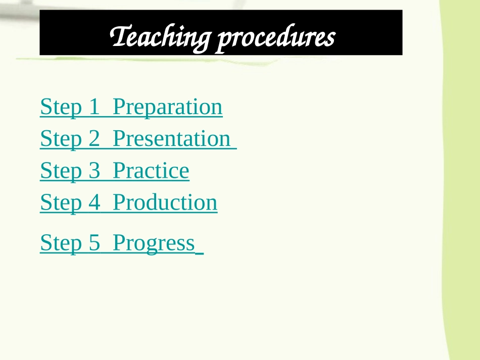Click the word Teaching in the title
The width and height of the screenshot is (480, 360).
point(160,37)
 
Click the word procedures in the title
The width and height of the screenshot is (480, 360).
point(276,38)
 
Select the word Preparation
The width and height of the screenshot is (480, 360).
point(168,108)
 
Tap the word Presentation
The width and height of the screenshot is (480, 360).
point(171,139)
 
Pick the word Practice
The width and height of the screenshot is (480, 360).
point(151,170)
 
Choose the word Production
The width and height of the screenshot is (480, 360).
point(165,202)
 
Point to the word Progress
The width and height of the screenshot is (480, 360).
point(154,243)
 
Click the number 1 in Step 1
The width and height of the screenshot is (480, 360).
point(94,107)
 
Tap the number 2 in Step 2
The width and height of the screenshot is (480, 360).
point(94,138)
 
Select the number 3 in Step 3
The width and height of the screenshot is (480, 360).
point(94,170)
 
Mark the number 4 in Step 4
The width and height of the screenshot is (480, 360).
point(94,202)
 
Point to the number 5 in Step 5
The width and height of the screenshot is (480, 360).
point(94,242)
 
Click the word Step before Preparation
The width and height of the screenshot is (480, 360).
point(61,108)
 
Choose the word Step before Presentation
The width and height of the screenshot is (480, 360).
point(61,139)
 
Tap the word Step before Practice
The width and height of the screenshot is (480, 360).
point(61,171)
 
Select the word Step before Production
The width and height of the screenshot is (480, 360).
point(61,203)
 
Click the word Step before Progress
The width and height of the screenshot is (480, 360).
point(61,243)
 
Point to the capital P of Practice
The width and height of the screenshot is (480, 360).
point(119,170)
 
